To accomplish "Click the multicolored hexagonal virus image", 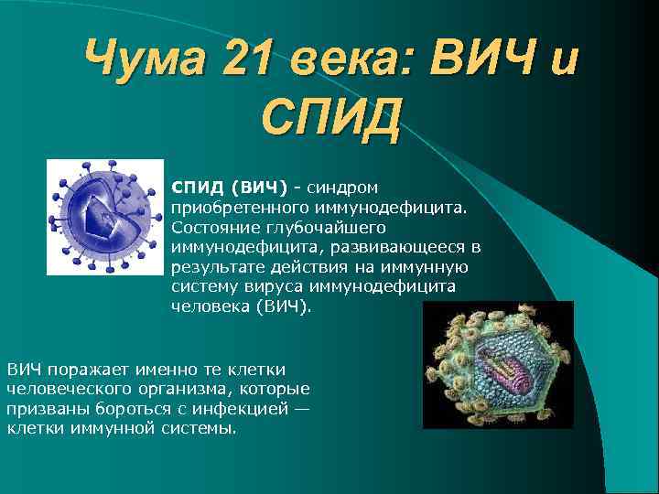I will tap(498, 365).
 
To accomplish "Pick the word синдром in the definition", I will tap(349, 187).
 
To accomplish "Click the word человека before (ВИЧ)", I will tap(208, 307).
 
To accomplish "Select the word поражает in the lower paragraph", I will tap(87, 369).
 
